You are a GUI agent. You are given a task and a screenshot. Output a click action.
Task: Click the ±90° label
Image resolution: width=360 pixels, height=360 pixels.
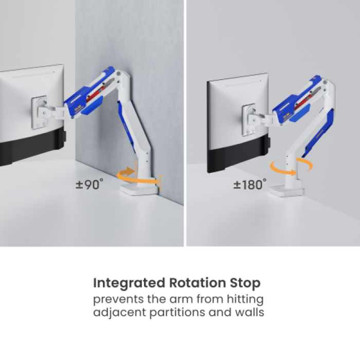[89, 184]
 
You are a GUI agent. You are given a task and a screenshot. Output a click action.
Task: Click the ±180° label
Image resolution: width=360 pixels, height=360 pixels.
[250, 184]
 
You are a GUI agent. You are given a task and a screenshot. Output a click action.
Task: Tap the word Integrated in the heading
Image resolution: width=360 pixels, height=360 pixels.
[129, 283]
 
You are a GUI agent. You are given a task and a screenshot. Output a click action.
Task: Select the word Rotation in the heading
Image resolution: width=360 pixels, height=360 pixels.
[197, 283]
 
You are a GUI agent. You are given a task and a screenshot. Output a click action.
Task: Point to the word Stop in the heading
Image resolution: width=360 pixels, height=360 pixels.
[245, 283]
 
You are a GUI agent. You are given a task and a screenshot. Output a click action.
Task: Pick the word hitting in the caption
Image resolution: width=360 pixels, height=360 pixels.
[245, 299]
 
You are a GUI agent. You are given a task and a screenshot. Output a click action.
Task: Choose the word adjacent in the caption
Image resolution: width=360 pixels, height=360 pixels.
[119, 313]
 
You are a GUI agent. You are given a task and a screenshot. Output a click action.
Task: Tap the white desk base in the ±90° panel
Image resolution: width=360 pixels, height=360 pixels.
[139, 190]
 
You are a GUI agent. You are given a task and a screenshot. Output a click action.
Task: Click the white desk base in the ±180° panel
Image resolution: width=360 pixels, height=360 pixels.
[286, 191]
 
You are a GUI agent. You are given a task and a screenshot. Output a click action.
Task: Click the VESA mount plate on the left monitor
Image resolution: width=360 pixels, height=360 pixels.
[39, 113]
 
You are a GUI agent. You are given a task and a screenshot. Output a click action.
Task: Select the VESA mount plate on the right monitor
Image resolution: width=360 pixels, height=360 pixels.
[249, 120]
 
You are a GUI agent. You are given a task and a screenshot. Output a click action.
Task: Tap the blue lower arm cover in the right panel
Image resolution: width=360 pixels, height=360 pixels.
[319, 133]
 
